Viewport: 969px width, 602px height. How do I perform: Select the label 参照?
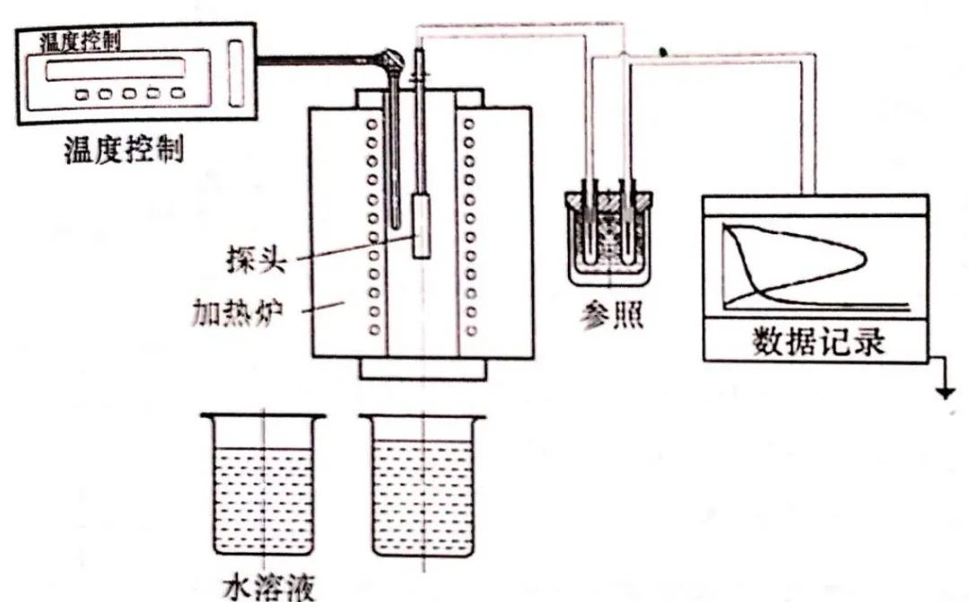[x=610, y=317]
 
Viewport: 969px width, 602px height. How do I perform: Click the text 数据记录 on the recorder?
[x=817, y=342]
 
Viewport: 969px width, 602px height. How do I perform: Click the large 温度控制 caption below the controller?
[x=123, y=148]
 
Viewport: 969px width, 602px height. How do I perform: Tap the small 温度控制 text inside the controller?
[x=82, y=41]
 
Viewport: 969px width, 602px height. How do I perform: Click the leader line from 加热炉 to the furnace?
[x=322, y=309]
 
